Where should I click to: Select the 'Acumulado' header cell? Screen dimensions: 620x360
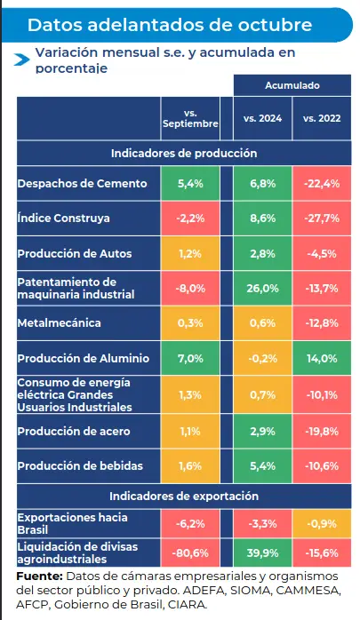(292, 85)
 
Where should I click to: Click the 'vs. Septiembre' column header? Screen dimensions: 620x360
(190, 118)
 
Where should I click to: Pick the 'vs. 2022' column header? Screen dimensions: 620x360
(321, 118)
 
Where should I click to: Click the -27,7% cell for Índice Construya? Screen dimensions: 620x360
(321, 218)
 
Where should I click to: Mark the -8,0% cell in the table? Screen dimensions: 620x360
(191, 288)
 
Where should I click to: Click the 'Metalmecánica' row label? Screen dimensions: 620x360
(60, 322)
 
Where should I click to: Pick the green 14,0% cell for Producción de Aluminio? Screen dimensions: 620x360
(321, 358)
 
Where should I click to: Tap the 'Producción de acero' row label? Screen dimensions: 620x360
(74, 431)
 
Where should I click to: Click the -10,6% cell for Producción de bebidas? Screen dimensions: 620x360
(321, 465)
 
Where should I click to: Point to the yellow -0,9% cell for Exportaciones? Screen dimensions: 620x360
(321, 523)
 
